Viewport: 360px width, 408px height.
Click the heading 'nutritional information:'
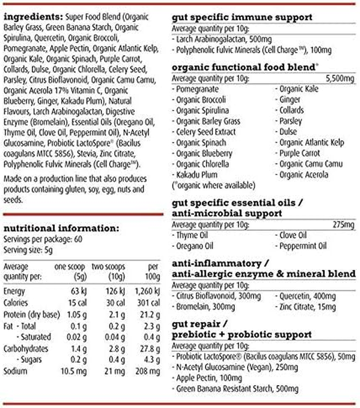61,228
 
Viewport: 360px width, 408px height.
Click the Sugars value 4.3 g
151,360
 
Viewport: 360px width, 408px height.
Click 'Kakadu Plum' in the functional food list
197,175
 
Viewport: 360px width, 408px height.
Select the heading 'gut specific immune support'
242,18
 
